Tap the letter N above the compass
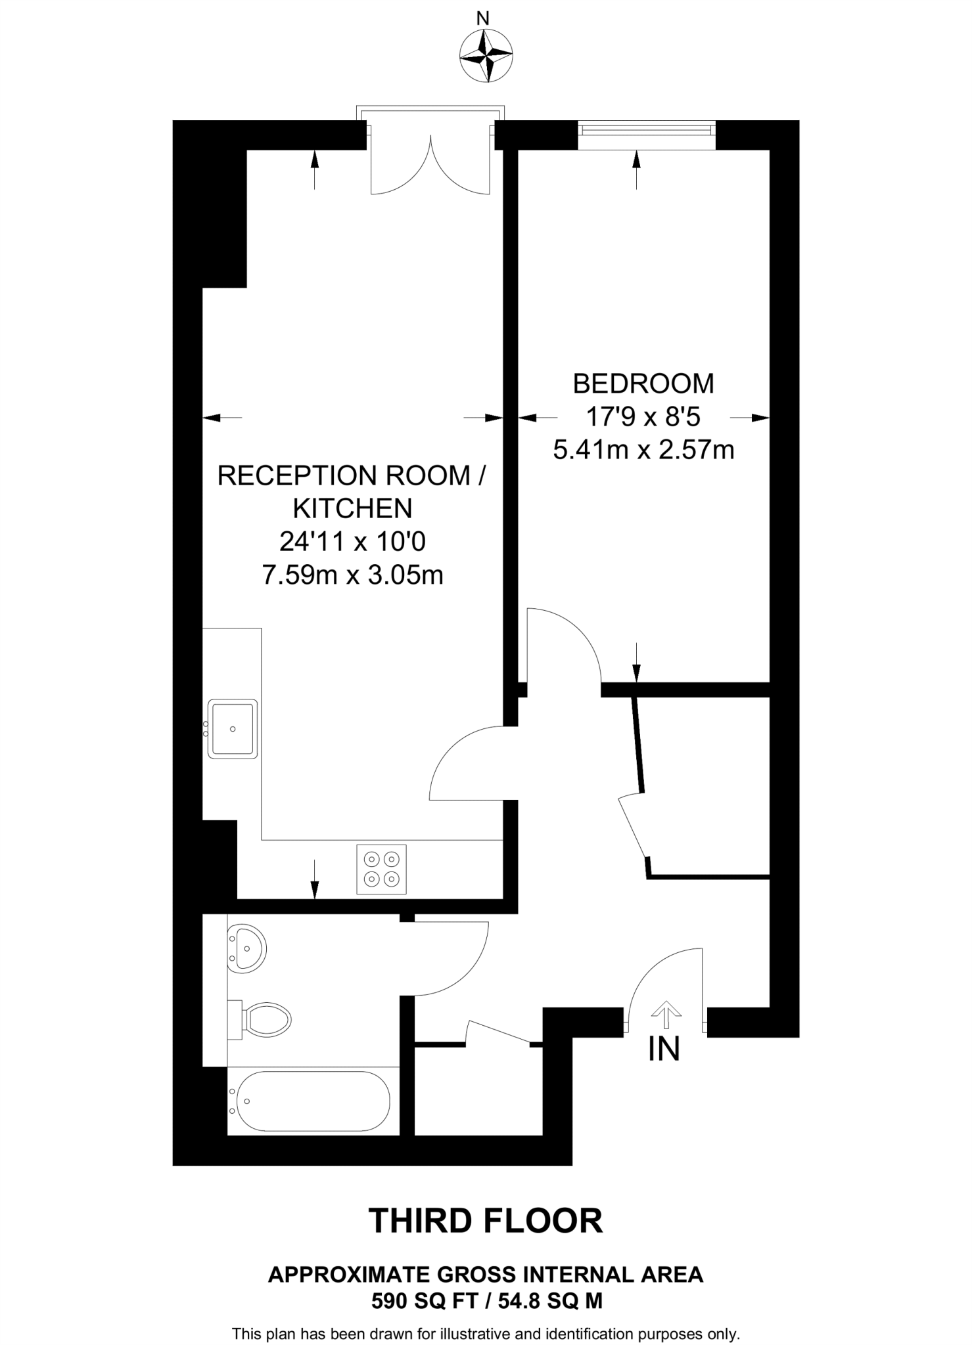[483, 19]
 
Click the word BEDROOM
[643, 384]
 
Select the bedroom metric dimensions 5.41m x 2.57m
[643, 451]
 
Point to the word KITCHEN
[352, 508]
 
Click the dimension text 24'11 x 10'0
[352, 542]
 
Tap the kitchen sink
[233, 729]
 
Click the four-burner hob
[381, 869]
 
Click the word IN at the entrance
[664, 1049]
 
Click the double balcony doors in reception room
[430, 164]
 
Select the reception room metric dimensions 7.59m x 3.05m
[352, 576]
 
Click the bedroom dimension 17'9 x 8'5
[643, 417]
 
